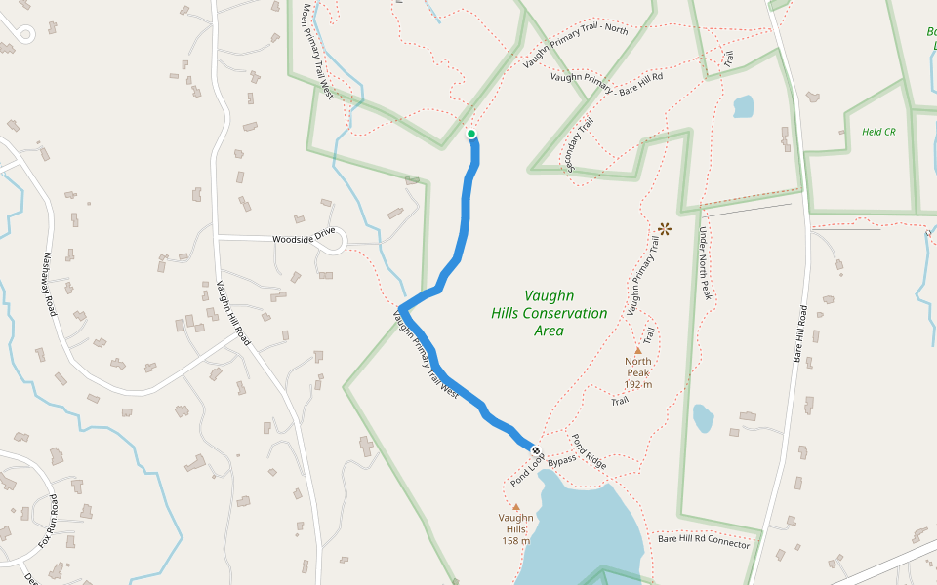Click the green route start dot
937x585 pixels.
pyautogui.click(x=471, y=134)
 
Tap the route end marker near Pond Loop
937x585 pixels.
pyautogui.click(x=535, y=449)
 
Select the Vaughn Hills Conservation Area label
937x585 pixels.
pyautogui.click(x=550, y=313)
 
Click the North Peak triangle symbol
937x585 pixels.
pyautogui.click(x=638, y=350)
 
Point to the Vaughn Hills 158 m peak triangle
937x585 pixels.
pyautogui.click(x=515, y=507)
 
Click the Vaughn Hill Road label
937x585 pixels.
pyautogui.click(x=232, y=313)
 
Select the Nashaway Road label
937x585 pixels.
pyautogui.click(x=50, y=284)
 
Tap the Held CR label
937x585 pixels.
pyautogui.click(x=878, y=131)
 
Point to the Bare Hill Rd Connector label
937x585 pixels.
pyautogui.click(x=704, y=542)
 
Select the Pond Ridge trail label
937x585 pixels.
pyautogui.click(x=589, y=451)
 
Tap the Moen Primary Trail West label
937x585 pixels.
pyautogui.click(x=317, y=51)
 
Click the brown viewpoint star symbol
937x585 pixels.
pyautogui.click(x=665, y=229)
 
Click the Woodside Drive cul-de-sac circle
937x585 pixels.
pyautogui.click(x=336, y=241)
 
